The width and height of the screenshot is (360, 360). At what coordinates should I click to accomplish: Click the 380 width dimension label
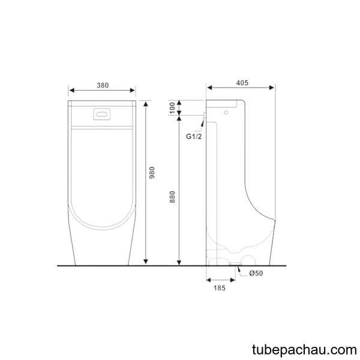coord(103,85)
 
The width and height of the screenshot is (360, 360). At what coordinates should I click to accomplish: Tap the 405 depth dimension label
coord(242,83)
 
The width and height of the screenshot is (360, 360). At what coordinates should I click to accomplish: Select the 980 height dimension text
coord(152,173)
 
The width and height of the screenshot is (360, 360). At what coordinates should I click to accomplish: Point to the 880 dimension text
coord(172,197)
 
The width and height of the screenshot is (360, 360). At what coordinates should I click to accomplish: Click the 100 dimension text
coord(172,108)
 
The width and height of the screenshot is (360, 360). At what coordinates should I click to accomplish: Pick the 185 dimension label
coord(220,288)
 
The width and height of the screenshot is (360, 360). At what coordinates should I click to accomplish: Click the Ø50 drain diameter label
coord(256,273)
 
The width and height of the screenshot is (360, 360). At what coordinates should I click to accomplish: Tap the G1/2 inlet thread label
coord(194,137)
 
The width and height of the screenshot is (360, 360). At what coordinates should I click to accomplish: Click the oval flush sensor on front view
coord(102,114)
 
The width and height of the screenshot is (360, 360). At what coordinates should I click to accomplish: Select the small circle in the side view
coord(226,113)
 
